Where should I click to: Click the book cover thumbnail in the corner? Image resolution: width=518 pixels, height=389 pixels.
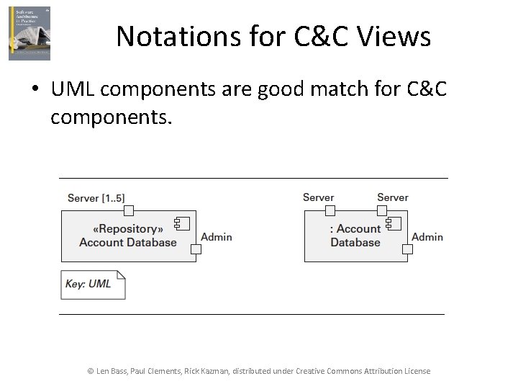(x=29, y=33)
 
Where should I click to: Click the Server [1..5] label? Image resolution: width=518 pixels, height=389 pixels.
(x=96, y=198)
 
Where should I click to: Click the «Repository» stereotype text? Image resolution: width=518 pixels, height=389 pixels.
(x=127, y=229)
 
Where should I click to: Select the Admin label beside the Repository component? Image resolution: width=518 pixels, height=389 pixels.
(x=216, y=237)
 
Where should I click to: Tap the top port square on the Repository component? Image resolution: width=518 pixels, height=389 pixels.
(x=128, y=210)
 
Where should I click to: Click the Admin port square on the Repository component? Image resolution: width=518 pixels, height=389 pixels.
(x=195, y=249)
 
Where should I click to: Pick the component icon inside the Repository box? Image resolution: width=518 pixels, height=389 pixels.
(x=181, y=223)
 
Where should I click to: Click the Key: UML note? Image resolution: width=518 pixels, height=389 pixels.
(x=93, y=284)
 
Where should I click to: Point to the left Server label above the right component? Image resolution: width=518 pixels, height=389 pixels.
(x=318, y=197)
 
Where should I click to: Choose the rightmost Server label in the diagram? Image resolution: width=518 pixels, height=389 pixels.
(x=392, y=197)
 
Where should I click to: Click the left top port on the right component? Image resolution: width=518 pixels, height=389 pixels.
(x=330, y=210)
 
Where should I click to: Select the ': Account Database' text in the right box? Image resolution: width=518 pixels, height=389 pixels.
(x=355, y=236)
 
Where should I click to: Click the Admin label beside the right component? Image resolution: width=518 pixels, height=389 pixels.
(x=427, y=237)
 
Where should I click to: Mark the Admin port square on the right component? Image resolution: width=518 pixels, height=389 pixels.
(x=407, y=249)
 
